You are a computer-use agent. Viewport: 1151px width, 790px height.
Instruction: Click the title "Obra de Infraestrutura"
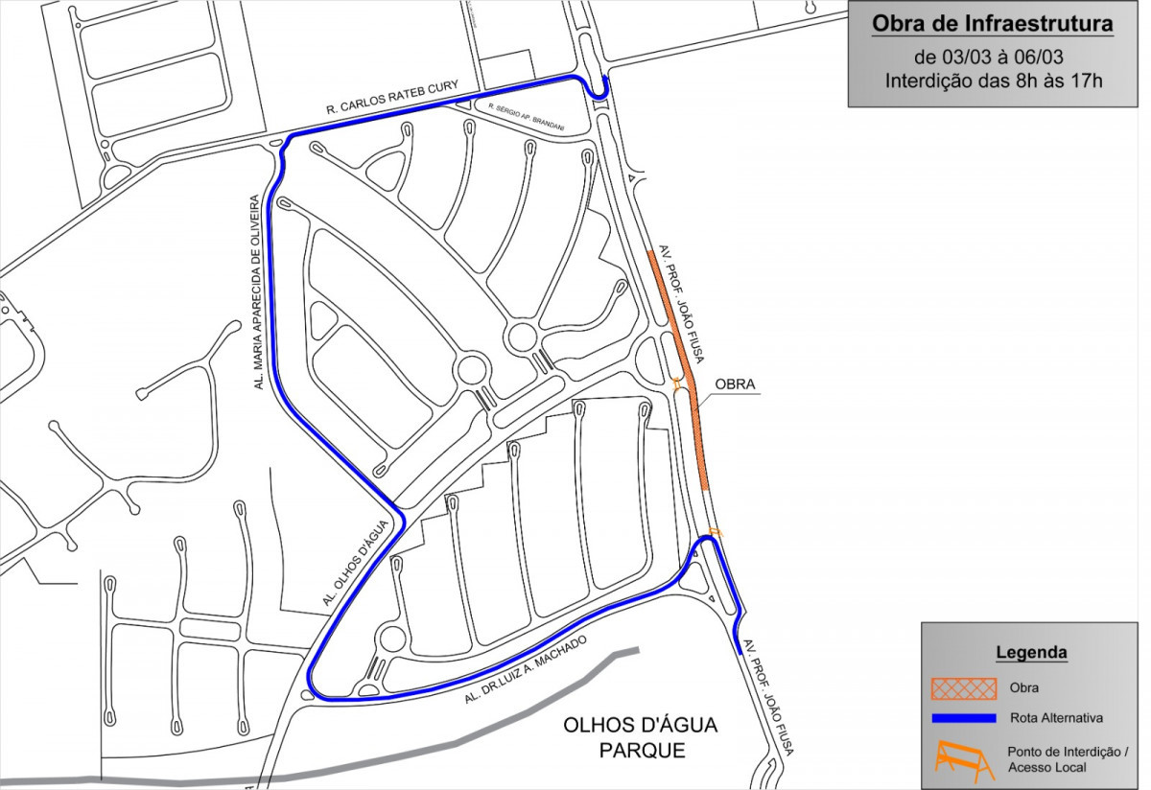(x=992, y=24)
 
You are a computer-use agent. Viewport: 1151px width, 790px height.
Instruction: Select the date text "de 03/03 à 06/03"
(x=992, y=55)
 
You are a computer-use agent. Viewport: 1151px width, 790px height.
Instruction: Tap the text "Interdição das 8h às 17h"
(x=994, y=81)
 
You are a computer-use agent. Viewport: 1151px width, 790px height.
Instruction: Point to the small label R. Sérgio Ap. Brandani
(x=526, y=116)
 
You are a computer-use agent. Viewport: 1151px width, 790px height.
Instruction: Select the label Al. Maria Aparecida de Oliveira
(x=256, y=291)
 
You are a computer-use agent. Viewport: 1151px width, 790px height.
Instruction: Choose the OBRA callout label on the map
(x=735, y=385)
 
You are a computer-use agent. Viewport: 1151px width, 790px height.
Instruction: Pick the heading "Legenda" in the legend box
(x=1031, y=653)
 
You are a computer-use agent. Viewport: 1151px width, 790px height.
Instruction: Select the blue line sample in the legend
(x=962, y=717)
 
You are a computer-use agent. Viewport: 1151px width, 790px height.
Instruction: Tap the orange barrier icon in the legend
(x=962, y=759)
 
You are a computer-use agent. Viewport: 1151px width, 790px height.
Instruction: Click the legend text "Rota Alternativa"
(x=1056, y=717)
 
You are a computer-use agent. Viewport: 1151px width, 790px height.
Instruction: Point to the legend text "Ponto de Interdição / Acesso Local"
(x=1068, y=759)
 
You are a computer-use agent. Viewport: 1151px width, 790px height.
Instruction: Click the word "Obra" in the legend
(x=1023, y=687)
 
